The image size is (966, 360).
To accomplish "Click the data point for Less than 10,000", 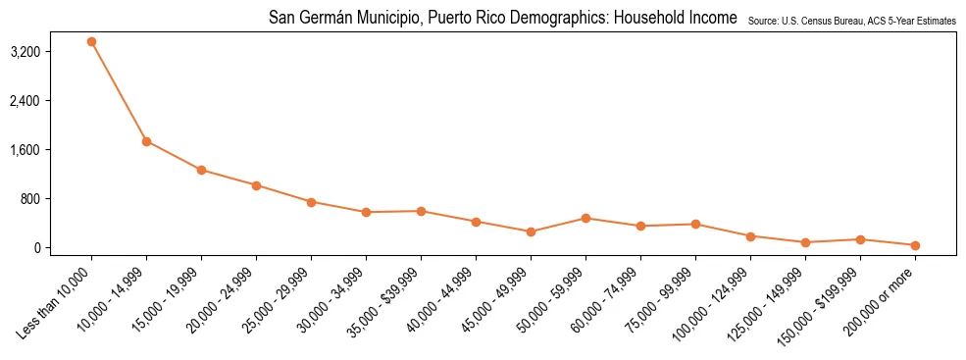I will pyautogui.click(x=91, y=41).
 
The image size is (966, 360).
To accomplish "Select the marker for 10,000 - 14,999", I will pyautogui.click(x=146, y=141).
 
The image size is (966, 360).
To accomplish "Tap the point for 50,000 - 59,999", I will pyautogui.click(x=585, y=218).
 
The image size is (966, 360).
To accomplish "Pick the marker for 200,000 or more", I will pyautogui.click(x=915, y=245).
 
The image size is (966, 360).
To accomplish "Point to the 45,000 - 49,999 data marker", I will pyautogui.click(x=531, y=231).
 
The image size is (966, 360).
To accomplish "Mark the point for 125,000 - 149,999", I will pyautogui.click(x=805, y=242).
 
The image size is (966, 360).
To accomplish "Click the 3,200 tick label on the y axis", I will pyautogui.click(x=52, y=52).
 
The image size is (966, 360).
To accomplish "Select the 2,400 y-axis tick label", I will pyautogui.click(x=52, y=101).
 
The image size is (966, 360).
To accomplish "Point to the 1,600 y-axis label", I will pyautogui.click(x=52, y=150).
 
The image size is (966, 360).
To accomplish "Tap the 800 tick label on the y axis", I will pyautogui.click(x=57, y=199).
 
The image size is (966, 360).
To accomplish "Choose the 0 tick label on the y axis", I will pyautogui.click(x=64, y=248).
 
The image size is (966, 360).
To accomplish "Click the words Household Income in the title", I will pyautogui.click(x=677, y=18).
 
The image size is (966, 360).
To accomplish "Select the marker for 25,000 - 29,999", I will pyautogui.click(x=311, y=202).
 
